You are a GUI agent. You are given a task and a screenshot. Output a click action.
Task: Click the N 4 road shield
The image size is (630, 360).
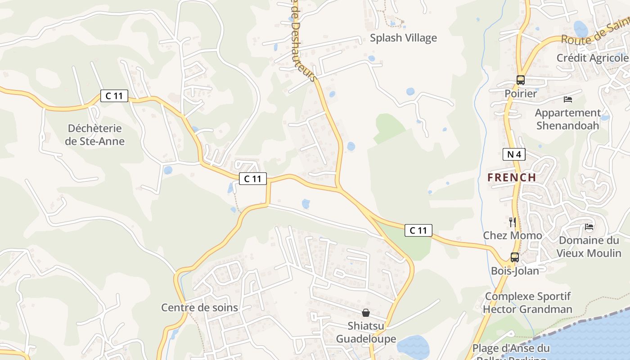(x=514, y=155)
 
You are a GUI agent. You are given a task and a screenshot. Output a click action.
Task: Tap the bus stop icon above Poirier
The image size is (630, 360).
(x=521, y=80)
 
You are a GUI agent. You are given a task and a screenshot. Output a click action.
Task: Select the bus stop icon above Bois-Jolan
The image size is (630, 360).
(x=514, y=257)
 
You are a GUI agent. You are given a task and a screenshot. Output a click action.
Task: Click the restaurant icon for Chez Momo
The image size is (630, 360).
(x=512, y=222)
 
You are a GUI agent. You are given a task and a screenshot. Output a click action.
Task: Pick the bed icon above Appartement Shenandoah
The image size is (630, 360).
(x=568, y=99)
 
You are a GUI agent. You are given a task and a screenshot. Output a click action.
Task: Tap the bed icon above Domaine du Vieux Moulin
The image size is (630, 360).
(x=589, y=227)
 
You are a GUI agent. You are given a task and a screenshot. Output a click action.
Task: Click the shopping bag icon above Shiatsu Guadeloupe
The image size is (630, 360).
(x=366, y=312)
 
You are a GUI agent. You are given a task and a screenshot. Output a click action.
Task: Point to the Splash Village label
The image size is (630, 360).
(x=403, y=38)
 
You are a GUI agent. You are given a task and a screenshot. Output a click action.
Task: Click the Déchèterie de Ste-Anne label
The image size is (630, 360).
(x=95, y=135)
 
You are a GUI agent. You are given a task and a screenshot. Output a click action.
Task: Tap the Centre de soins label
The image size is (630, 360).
(x=199, y=308)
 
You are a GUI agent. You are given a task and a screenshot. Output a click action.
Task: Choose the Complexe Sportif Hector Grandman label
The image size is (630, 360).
(x=527, y=303)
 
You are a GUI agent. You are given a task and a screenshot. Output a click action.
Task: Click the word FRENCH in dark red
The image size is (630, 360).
(x=512, y=177)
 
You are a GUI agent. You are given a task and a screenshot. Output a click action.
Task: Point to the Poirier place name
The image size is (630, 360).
(x=521, y=94)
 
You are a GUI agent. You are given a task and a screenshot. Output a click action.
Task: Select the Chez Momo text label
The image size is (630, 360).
(x=513, y=235)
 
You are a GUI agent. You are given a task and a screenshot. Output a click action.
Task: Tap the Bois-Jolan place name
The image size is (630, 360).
(x=515, y=271)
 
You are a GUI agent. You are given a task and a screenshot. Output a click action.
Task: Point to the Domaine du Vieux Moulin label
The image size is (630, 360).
(x=589, y=247)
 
